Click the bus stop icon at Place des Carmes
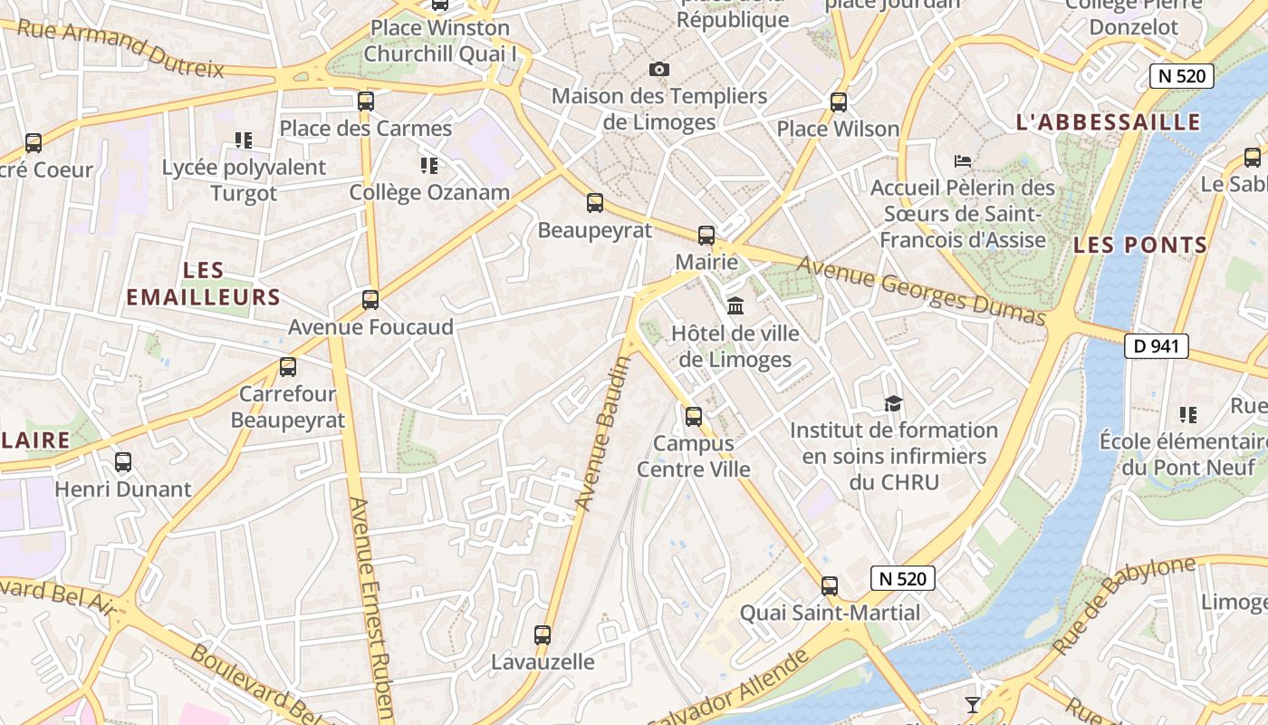[x=366, y=101]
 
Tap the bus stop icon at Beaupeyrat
[x=595, y=203]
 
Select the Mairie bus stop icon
[x=706, y=236]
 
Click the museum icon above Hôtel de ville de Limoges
[x=735, y=305]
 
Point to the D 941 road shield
[x=1156, y=345]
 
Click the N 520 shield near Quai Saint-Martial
[x=902, y=578]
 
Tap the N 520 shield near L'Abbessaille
[x=1182, y=75]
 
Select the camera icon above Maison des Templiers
[x=659, y=69]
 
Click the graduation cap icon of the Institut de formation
[x=894, y=403]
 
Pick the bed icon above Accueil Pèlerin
[x=963, y=161]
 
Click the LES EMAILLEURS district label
[x=204, y=284]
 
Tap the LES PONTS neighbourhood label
[x=1140, y=245]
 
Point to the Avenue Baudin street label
[x=602, y=432]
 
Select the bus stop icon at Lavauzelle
[x=543, y=635]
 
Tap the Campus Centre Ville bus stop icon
[x=694, y=417]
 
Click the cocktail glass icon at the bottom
[x=973, y=704]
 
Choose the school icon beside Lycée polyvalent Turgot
[x=243, y=140]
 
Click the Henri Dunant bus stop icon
[x=123, y=462]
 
